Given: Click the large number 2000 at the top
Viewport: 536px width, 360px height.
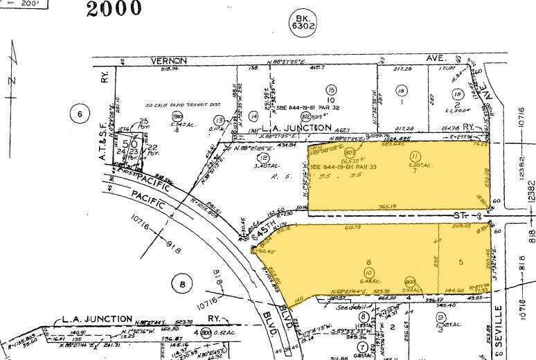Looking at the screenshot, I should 114,9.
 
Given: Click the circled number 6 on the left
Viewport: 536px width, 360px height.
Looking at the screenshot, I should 80,114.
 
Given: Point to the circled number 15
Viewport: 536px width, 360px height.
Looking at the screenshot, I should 332,90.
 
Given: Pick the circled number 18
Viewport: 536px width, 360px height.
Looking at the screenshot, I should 400,91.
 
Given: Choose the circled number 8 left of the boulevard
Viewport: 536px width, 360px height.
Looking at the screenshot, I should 182,283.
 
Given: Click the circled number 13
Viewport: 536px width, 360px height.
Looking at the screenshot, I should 219,120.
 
